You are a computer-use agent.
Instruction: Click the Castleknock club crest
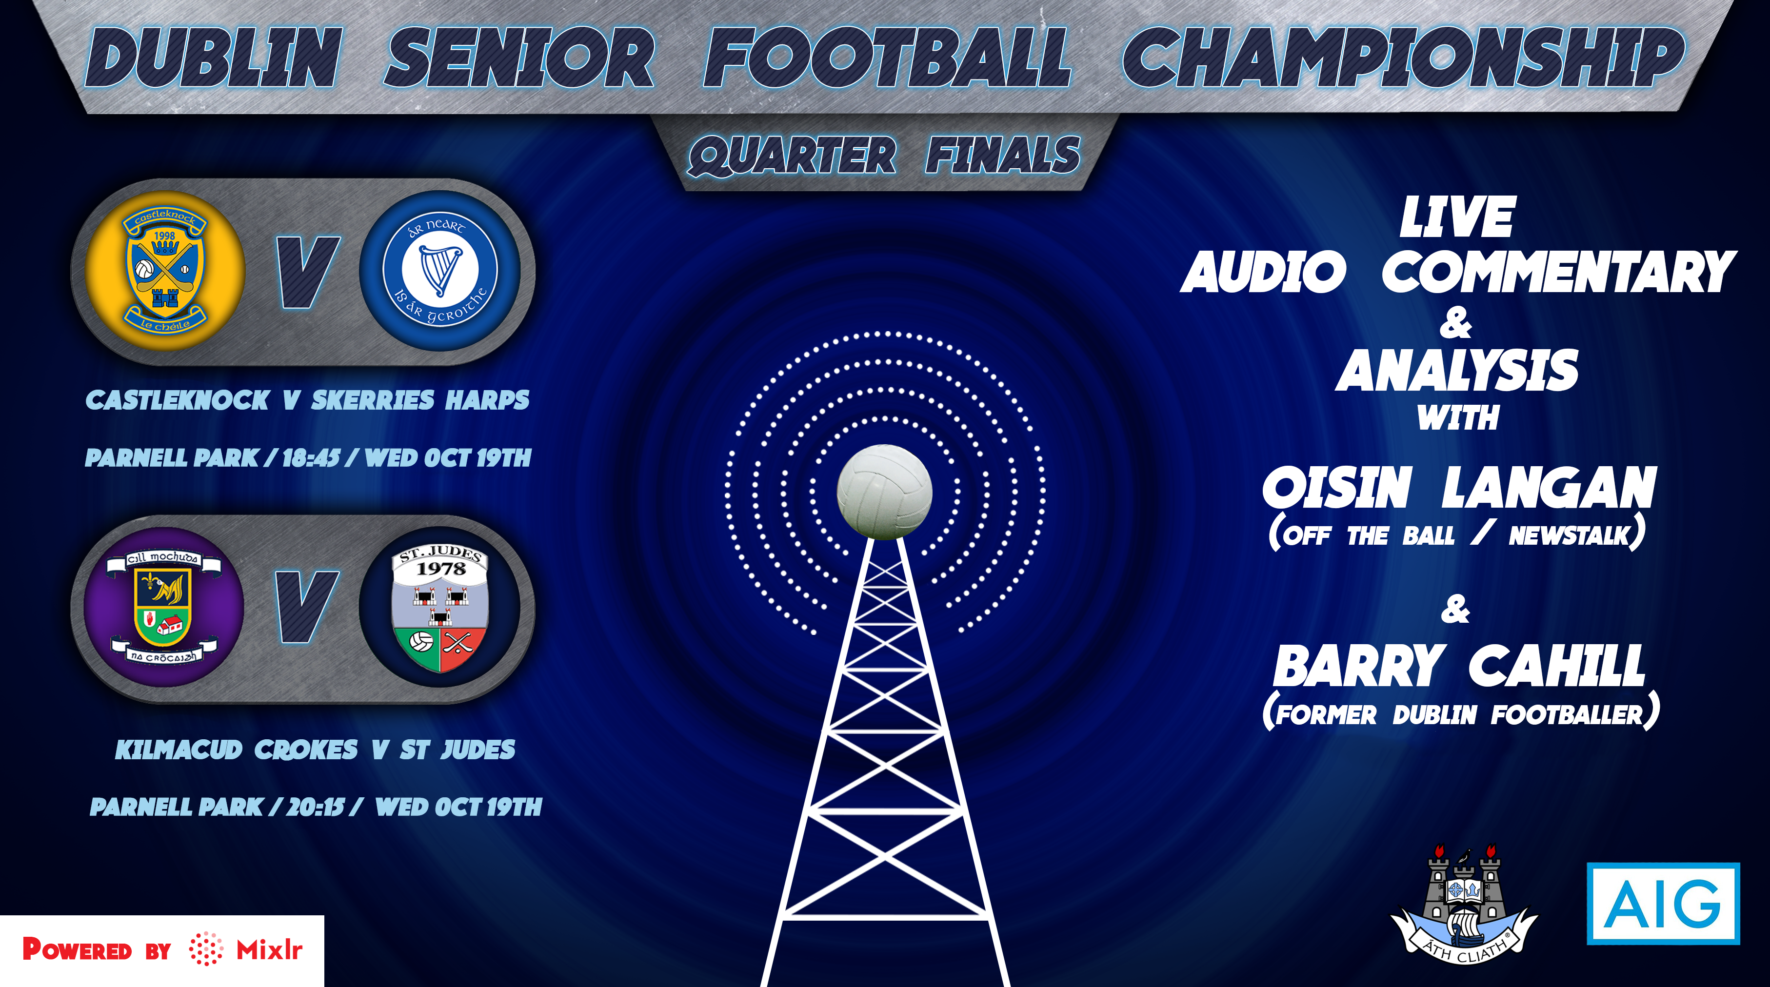(x=165, y=271)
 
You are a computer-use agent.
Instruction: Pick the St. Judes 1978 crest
(x=440, y=607)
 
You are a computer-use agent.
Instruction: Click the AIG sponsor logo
(x=1663, y=903)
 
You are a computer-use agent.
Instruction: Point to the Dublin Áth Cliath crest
(x=1464, y=905)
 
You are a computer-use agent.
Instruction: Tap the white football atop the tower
(x=884, y=492)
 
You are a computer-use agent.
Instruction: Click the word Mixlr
(x=269, y=950)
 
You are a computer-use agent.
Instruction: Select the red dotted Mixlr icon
(x=206, y=949)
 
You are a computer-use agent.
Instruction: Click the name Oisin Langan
(x=1459, y=488)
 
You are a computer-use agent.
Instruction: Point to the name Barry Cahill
(x=1459, y=666)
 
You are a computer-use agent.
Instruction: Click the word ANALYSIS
(x=1457, y=371)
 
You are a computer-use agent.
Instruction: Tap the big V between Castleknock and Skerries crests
(x=307, y=272)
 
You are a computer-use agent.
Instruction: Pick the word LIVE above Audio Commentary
(x=1457, y=217)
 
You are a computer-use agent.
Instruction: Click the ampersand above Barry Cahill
(x=1455, y=609)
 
